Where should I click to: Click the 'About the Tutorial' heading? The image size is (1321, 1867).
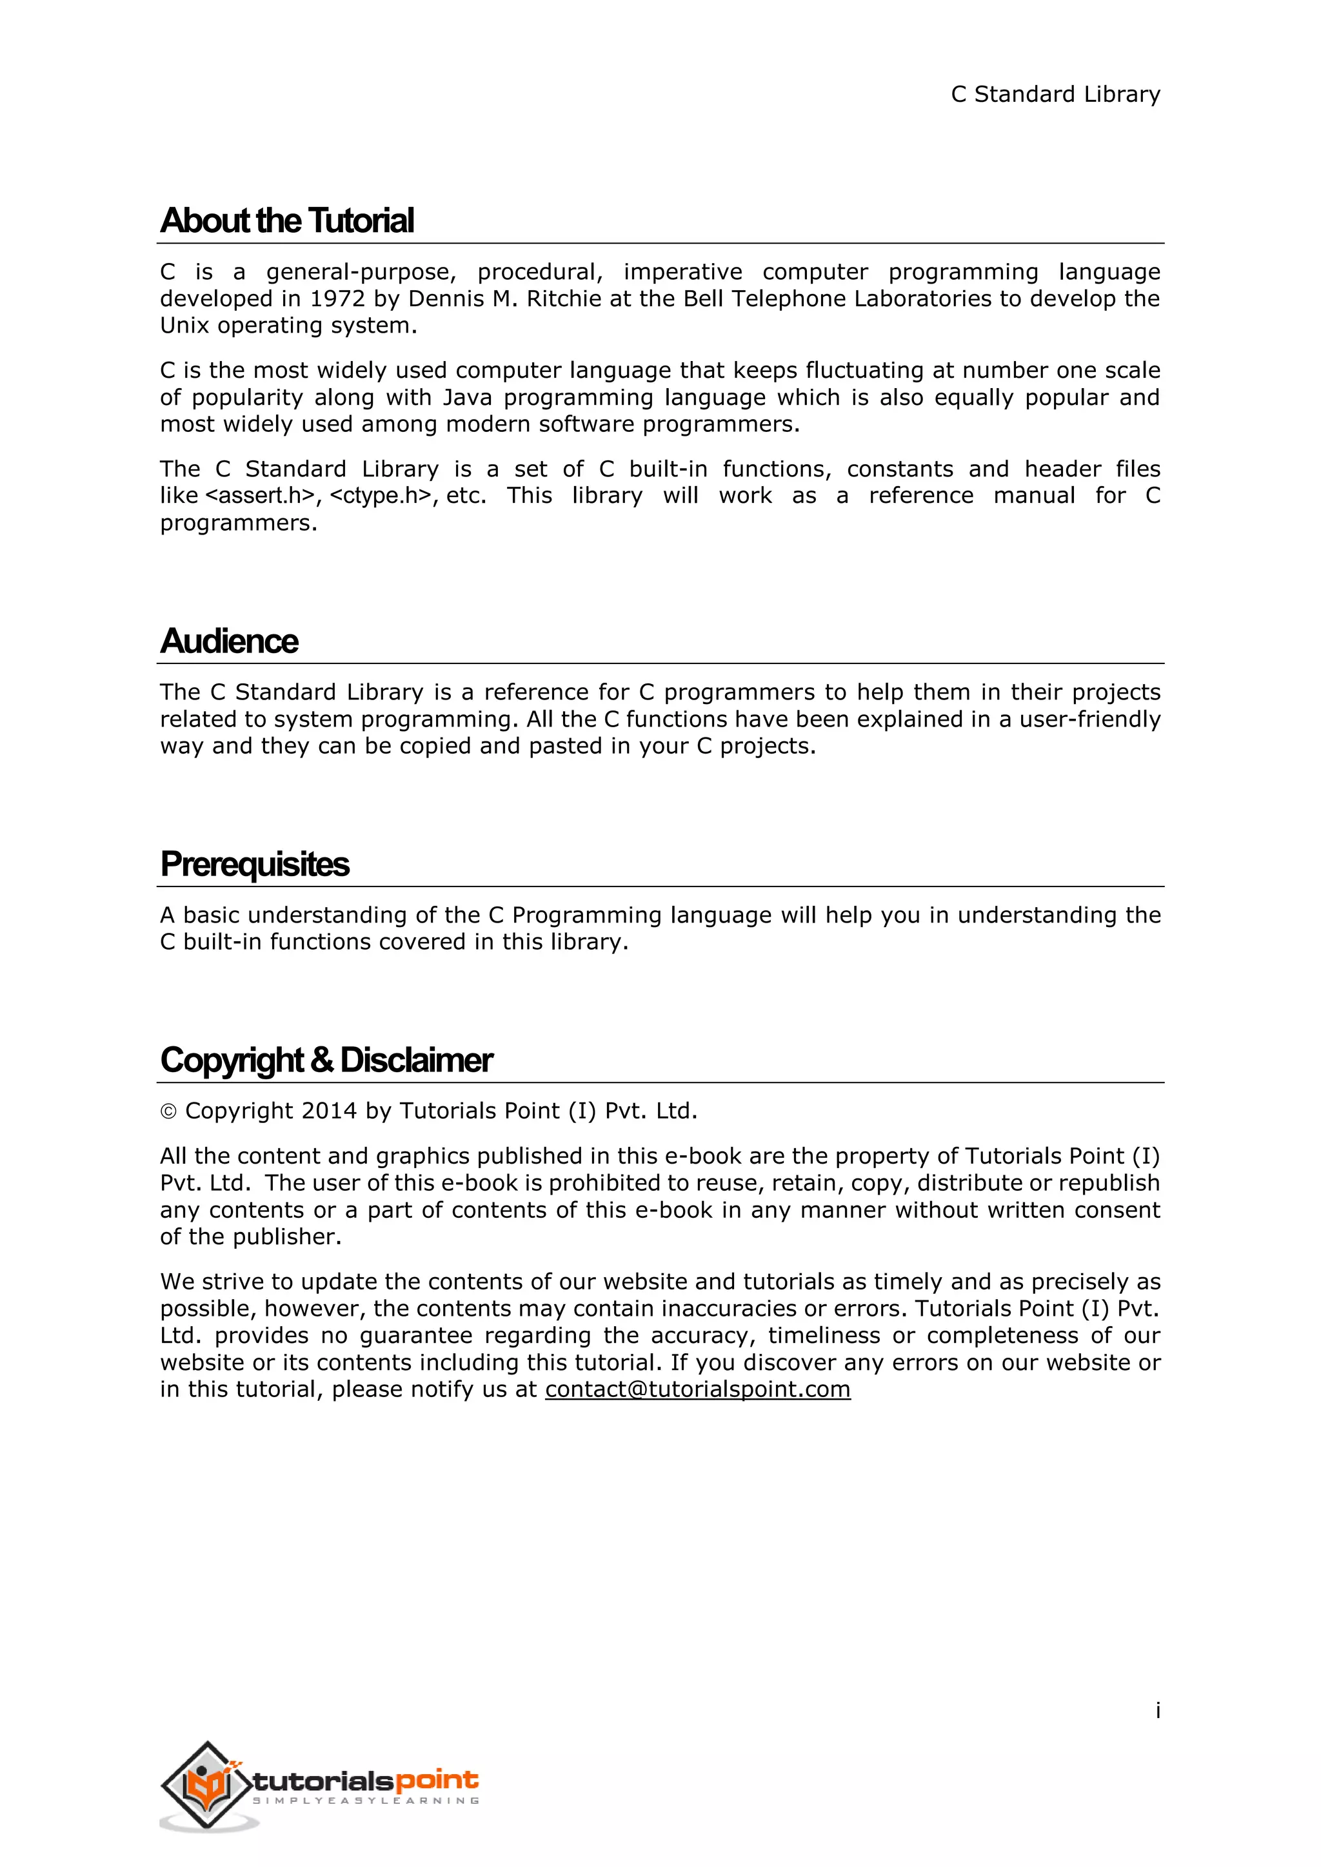(x=287, y=220)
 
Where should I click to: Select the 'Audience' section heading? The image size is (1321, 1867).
(x=230, y=641)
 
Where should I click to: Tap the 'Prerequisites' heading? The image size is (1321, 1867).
(x=255, y=864)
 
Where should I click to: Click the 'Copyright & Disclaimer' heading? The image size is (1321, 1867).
(x=326, y=1060)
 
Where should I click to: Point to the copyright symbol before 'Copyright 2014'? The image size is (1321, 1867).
(x=168, y=1111)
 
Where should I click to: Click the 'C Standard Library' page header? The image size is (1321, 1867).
(x=1055, y=94)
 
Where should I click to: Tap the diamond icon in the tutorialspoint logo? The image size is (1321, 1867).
(x=208, y=1786)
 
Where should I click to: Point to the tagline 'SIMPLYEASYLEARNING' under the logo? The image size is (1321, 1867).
(x=366, y=1801)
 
